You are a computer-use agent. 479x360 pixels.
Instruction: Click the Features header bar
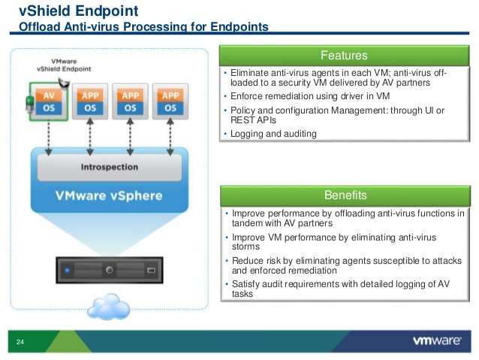(x=344, y=56)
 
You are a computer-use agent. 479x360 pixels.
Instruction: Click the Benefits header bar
(x=345, y=195)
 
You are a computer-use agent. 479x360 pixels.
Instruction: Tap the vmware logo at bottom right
(x=437, y=340)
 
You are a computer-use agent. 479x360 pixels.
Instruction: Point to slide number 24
(x=20, y=343)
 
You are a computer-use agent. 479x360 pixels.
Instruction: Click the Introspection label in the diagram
(x=110, y=166)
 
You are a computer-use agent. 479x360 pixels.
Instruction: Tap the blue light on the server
(x=67, y=269)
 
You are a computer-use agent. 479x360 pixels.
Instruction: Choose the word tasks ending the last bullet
(x=244, y=295)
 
